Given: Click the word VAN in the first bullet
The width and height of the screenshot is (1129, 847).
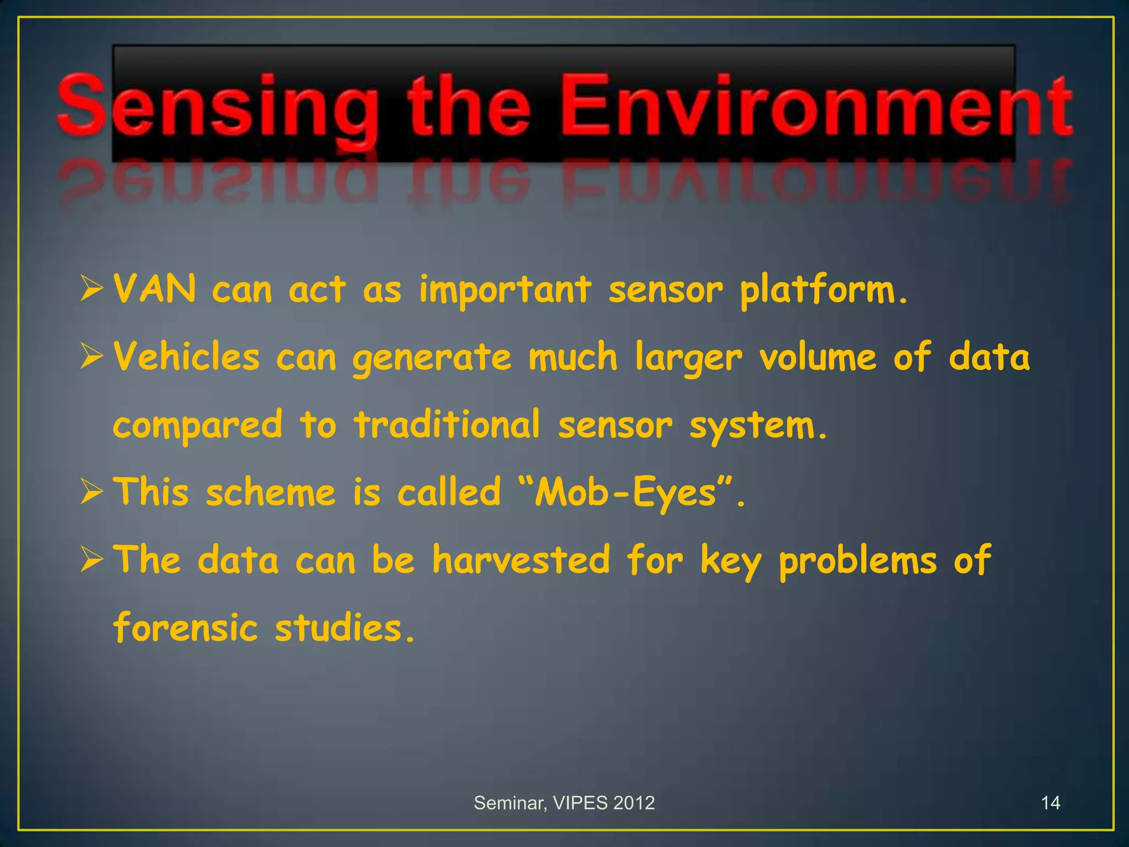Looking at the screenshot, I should pyautogui.click(x=154, y=289).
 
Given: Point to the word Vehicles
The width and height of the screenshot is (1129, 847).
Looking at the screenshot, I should pyautogui.click(x=186, y=357).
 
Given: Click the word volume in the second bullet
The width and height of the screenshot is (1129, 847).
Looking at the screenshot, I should pyautogui.click(x=818, y=357).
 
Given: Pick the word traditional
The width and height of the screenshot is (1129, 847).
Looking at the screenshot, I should pyautogui.click(x=447, y=425).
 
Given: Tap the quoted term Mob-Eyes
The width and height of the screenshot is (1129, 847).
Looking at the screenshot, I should pyautogui.click(x=626, y=492).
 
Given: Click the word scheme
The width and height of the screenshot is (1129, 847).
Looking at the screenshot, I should pyautogui.click(x=270, y=492).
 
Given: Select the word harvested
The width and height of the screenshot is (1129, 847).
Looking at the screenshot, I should pyautogui.click(x=521, y=560).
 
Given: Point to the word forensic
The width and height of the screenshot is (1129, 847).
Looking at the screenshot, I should pyautogui.click(x=185, y=628).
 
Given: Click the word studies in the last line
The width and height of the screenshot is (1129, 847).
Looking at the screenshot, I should pyautogui.click(x=344, y=628).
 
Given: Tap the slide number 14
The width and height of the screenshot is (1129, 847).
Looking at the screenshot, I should pyautogui.click(x=1050, y=803).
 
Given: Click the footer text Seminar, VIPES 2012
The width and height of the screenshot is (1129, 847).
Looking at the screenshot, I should pyautogui.click(x=564, y=803).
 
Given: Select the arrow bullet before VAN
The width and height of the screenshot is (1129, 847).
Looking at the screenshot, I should pyautogui.click(x=92, y=289).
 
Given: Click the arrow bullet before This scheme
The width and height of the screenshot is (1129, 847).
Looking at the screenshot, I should pyautogui.click(x=92, y=491).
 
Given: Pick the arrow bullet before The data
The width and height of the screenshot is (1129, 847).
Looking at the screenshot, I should pyautogui.click(x=92, y=559).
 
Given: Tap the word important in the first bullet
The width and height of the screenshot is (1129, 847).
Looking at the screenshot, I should pyautogui.click(x=505, y=291).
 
